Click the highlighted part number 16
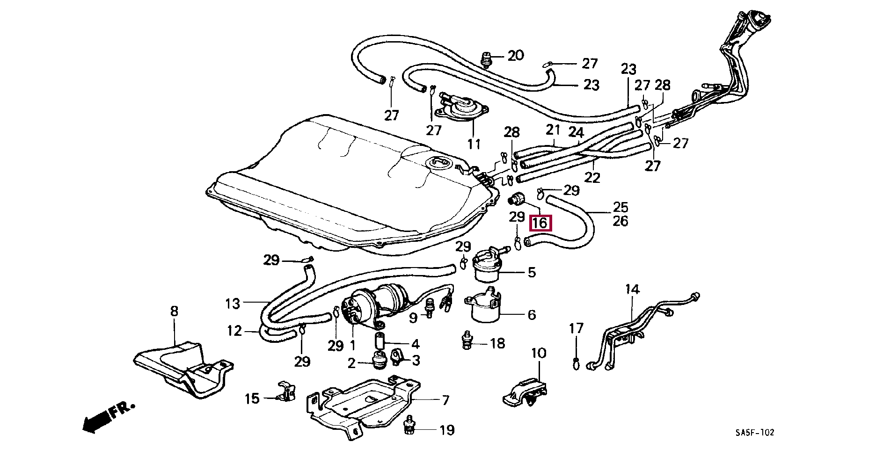coord(540,223)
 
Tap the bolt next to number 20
coord(488,59)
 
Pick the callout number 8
coord(174,311)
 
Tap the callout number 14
coord(632,290)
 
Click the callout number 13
coord(232,304)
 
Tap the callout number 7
coord(445,400)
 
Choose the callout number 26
coord(620,221)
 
